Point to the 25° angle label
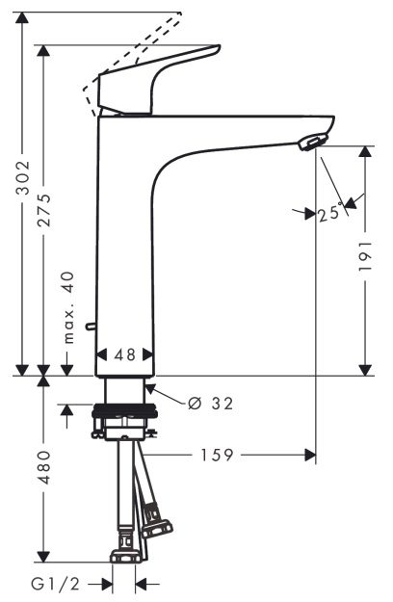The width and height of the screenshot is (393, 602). (328, 214)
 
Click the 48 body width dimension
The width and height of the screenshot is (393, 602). (125, 354)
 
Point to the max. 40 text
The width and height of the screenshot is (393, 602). (68, 306)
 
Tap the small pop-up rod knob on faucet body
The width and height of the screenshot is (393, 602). (92, 327)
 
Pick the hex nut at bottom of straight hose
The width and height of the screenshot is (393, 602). (124, 556)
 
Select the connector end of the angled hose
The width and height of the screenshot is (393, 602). (156, 525)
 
